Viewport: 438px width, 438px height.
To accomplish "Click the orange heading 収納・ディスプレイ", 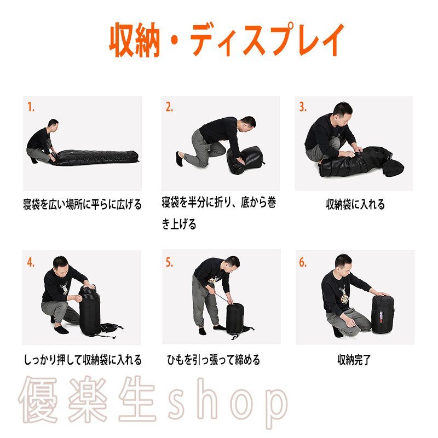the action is [x=226, y=40].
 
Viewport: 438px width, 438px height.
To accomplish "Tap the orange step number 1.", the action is [x=31, y=107].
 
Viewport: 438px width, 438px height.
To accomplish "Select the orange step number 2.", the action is [x=169, y=107].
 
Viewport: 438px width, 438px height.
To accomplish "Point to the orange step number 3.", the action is [x=303, y=107].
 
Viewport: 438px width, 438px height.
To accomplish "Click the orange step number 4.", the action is [x=31, y=262].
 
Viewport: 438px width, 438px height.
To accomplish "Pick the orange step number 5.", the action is [x=169, y=262].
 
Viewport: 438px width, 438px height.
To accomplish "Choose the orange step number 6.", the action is [x=303, y=262].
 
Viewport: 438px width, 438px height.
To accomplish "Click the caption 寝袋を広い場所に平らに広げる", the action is [x=83, y=204].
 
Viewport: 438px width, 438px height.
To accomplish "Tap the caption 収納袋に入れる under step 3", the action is [x=355, y=204].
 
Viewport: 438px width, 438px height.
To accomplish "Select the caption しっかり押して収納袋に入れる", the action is [x=83, y=360].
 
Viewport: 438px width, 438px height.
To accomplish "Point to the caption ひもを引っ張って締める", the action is [x=214, y=360].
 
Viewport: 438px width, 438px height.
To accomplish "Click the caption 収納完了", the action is [x=354, y=360].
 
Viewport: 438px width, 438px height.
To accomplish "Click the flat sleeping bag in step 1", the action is [x=95, y=158].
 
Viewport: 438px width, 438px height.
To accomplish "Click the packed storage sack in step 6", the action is [x=383, y=314].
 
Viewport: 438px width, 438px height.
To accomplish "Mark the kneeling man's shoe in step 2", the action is [x=180, y=159].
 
